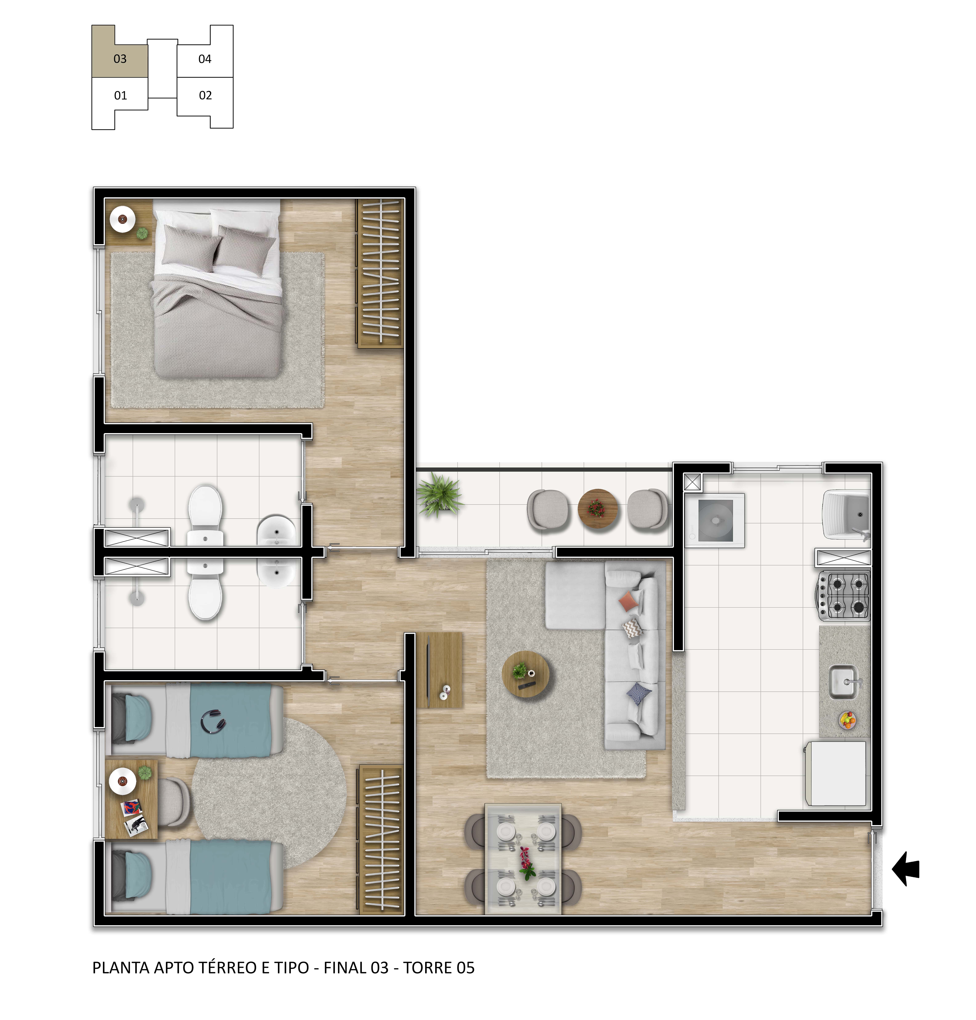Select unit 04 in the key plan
click(x=205, y=59)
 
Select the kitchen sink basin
click(x=843, y=682)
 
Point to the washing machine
click(x=715, y=520)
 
